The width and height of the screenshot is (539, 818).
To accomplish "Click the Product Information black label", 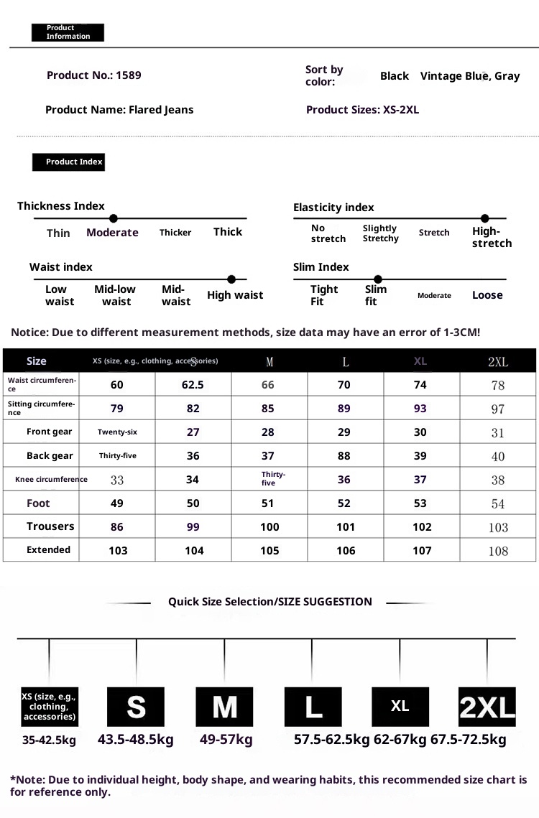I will click(x=68, y=32).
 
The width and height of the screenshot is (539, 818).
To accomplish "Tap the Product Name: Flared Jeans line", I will click(x=119, y=110).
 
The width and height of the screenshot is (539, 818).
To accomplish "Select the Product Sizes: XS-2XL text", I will click(x=362, y=110).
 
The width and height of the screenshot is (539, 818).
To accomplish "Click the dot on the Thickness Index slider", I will click(x=113, y=218).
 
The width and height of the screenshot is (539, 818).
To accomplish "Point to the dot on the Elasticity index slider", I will click(x=485, y=218).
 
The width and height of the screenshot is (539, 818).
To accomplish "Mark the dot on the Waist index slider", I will click(x=231, y=279).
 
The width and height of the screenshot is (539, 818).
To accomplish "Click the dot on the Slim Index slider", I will click(x=378, y=279).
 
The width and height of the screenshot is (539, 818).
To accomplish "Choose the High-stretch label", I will click(x=492, y=237).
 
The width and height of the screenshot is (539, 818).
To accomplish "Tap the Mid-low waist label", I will click(x=115, y=295).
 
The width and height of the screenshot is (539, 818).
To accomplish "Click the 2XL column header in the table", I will click(x=498, y=361).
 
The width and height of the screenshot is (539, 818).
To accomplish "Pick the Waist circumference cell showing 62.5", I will click(x=193, y=385).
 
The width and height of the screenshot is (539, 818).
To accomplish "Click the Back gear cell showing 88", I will click(x=344, y=456).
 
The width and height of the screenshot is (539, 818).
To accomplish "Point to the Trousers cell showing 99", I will click(x=193, y=527).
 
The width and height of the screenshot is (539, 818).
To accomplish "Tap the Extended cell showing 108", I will click(x=498, y=551).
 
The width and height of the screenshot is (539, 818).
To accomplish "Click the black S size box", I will click(x=136, y=707).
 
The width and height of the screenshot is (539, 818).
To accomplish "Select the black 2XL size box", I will click(x=487, y=707).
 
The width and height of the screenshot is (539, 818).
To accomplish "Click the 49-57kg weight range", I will click(x=226, y=740).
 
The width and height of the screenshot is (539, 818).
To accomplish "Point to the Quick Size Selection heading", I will click(x=270, y=602).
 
